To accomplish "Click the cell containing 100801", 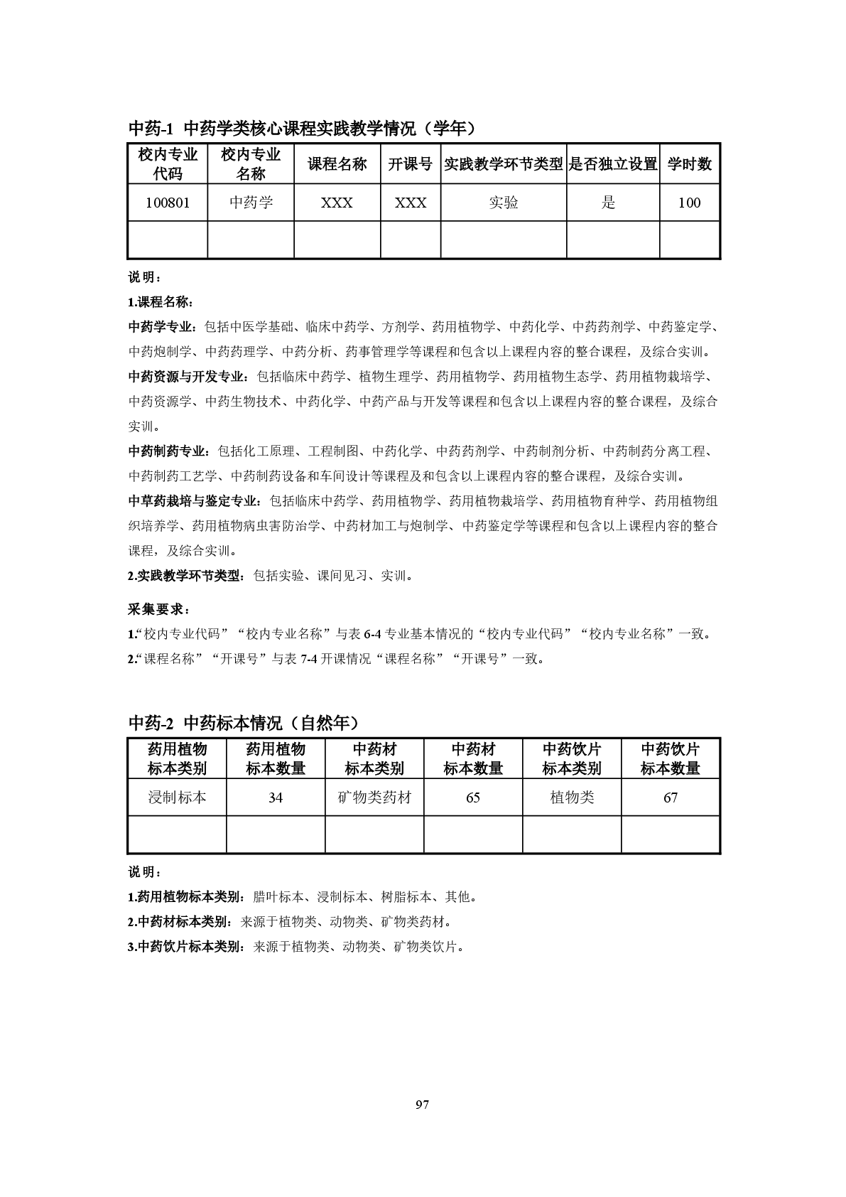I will point(168,203).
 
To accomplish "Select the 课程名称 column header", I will point(337,164).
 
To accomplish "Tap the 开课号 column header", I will point(410,164).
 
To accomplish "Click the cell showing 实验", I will point(503,203).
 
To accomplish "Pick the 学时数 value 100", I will point(689,203).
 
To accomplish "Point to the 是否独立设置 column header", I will point(613,164).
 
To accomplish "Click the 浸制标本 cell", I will point(177,798).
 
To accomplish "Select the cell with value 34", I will point(276,798).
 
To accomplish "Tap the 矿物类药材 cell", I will point(374,798).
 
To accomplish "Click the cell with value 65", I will point(473,798).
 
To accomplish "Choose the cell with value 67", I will point(671,798).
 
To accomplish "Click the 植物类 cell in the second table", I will point(572,798).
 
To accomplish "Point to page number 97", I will point(423,1105).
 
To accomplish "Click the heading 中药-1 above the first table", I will point(151,129).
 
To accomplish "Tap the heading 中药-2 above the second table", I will point(151,723).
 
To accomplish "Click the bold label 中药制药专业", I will point(168,451).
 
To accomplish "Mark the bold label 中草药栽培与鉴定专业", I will point(193,501).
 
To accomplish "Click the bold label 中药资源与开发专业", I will point(188,377).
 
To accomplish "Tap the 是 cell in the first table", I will point(609,203).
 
